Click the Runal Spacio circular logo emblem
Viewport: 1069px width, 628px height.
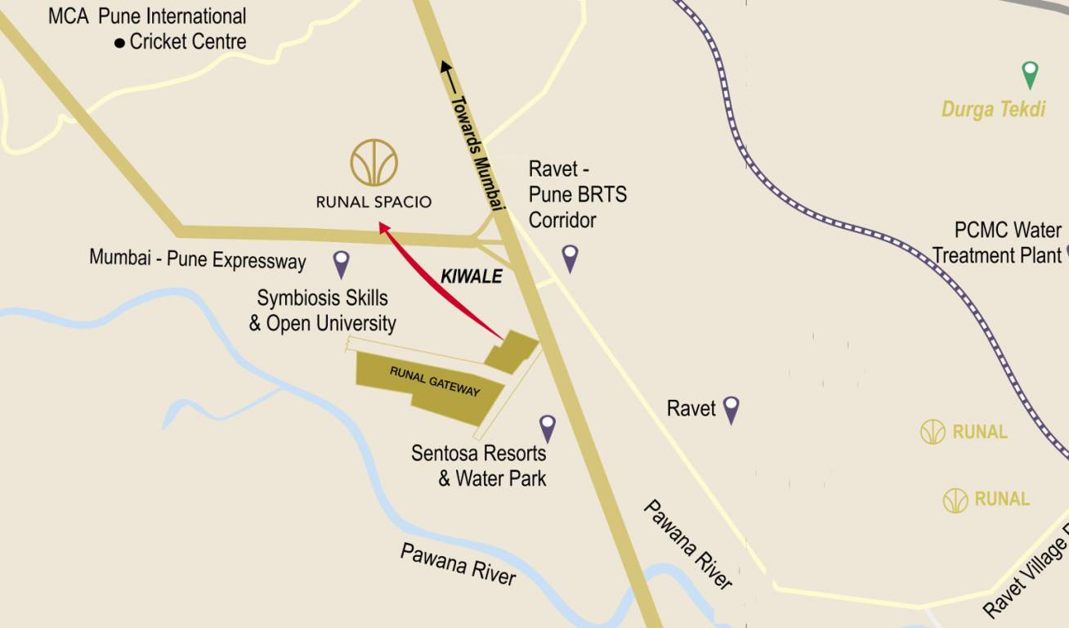tap(374, 163)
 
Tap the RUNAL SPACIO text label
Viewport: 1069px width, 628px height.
tap(373, 201)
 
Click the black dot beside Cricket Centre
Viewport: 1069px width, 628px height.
tap(120, 43)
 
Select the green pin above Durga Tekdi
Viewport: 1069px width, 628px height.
tap(1031, 74)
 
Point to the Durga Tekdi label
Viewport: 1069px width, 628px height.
tap(993, 109)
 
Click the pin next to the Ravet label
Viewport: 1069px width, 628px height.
tap(731, 408)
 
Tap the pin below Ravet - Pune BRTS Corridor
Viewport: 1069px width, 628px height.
tap(570, 257)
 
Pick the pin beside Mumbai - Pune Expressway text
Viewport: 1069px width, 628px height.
tap(342, 262)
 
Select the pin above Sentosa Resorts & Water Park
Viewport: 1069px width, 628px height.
tap(548, 427)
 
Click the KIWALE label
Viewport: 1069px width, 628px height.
tap(471, 276)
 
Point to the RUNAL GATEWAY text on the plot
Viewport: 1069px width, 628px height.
tap(435, 381)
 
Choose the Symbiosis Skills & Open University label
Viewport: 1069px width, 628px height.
tap(323, 310)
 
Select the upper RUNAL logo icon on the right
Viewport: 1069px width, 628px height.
tap(933, 432)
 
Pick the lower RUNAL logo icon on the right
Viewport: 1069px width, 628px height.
tap(955, 500)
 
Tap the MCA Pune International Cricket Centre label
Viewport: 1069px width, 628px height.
tap(147, 29)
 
